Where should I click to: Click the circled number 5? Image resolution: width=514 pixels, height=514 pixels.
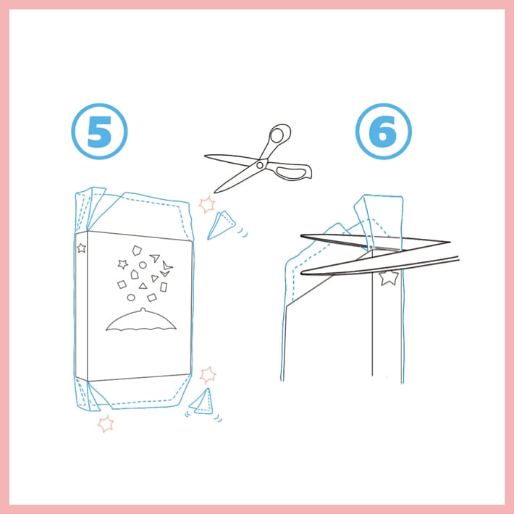click(99, 131)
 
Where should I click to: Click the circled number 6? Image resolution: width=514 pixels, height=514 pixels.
click(384, 131)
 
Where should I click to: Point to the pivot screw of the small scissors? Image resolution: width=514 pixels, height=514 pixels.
click(261, 165)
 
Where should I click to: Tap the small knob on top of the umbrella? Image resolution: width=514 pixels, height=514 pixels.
click(143, 309)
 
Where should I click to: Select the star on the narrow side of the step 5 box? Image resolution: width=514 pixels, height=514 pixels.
click(81, 248)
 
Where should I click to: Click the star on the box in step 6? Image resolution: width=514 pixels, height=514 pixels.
click(389, 278)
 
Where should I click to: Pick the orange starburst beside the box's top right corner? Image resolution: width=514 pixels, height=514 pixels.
click(207, 205)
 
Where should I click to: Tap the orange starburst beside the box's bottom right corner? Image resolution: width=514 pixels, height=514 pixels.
click(208, 375)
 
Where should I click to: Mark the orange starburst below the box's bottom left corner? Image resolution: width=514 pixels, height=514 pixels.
click(106, 424)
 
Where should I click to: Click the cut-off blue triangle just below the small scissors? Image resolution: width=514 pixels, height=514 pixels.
click(221, 225)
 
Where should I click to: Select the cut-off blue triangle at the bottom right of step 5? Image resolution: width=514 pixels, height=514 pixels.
click(201, 402)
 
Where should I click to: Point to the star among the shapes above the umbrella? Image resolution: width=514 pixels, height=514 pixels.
click(122, 264)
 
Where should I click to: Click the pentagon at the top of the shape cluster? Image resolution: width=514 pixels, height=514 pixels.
click(137, 250)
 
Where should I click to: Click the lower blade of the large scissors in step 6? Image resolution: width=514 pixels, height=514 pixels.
click(380, 265)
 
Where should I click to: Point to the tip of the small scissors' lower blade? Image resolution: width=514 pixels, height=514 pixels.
click(215, 192)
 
